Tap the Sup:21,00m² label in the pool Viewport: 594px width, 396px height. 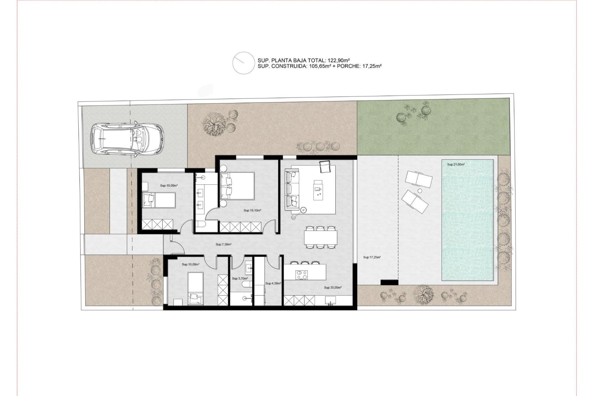tap(456, 165)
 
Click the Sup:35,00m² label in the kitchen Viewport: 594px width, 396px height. tap(333, 287)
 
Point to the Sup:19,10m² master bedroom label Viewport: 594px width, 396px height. tap(252, 210)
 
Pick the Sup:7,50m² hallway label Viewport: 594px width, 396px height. tap(223, 244)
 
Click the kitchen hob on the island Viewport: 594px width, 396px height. tap(301, 274)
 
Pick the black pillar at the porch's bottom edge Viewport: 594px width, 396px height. tap(389, 282)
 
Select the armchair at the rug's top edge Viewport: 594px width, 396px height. tap(325, 167)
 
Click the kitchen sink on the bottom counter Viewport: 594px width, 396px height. tap(331, 300)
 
